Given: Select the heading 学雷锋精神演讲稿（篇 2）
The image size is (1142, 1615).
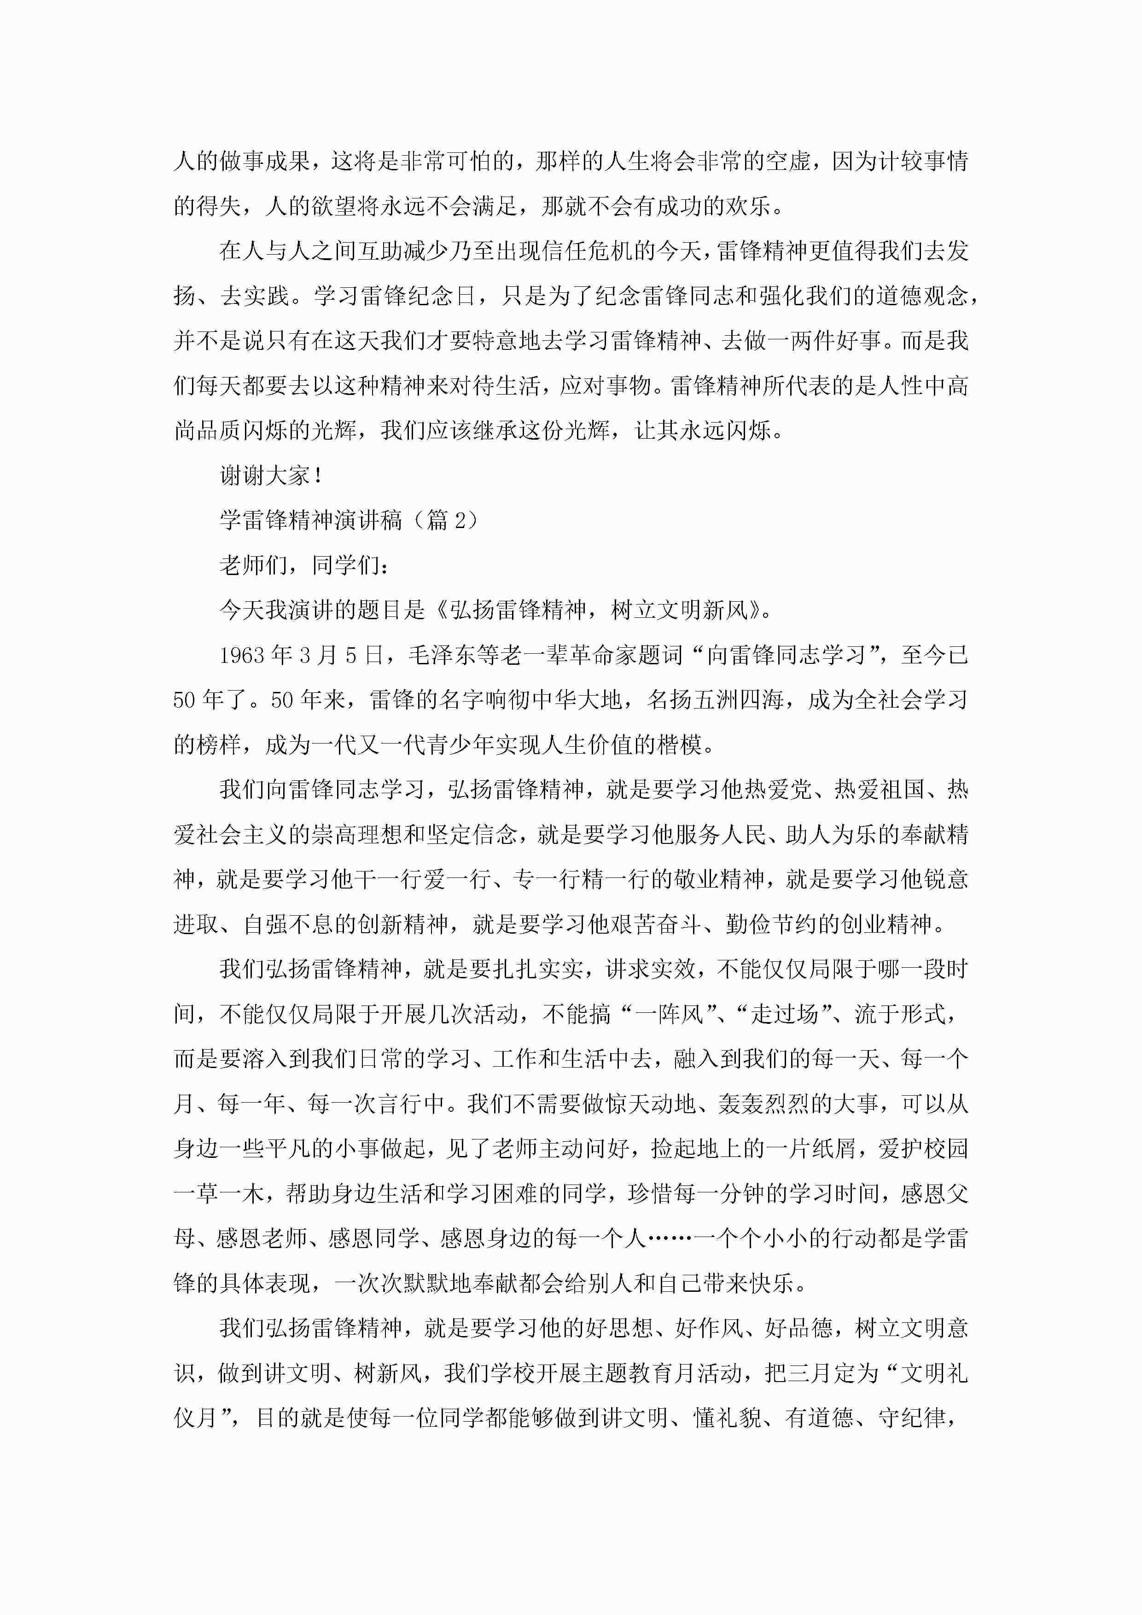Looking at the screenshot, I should pos(349,521).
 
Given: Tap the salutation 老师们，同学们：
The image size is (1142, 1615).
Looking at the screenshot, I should pos(304,565).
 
